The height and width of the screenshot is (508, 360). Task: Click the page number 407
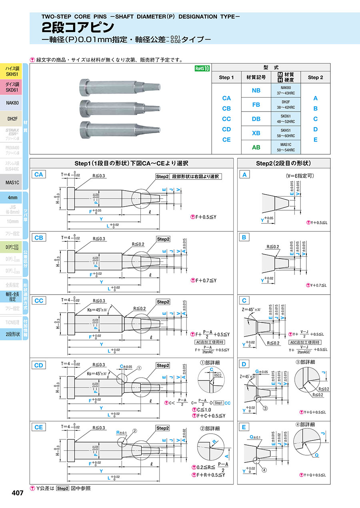tap(18, 493)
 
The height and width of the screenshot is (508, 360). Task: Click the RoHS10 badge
tap(202, 68)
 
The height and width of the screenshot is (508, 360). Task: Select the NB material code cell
tap(256, 91)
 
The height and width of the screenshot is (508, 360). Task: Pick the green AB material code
tap(256, 147)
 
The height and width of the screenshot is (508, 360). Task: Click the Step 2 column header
tap(315, 78)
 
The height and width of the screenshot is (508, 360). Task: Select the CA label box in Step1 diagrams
tap(38, 174)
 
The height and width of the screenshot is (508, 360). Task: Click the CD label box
tap(38, 365)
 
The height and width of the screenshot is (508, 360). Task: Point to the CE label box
tap(38, 427)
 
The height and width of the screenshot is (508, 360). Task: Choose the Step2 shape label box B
tap(244, 237)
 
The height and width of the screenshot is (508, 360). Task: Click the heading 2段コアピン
tap(78, 27)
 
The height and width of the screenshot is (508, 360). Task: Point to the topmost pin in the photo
tap(120, 86)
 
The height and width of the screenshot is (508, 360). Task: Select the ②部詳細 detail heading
tap(210, 428)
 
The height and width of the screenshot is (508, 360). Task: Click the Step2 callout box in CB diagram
tap(163, 239)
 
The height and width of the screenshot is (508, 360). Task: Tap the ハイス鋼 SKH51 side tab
tap(12, 72)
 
